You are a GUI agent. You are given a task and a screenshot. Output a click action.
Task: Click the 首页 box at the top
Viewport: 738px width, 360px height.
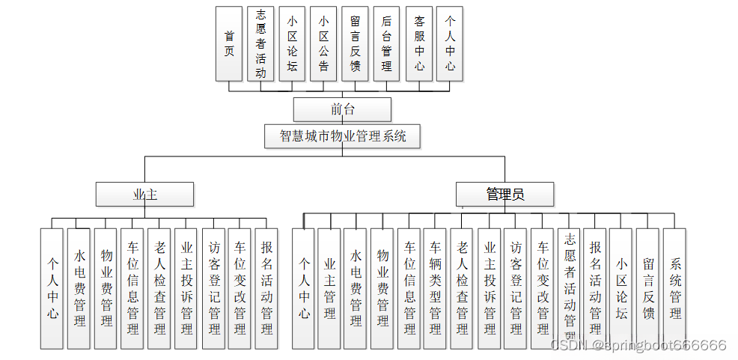coord(228,43)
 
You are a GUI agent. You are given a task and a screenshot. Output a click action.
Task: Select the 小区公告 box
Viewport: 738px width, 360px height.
coord(323,43)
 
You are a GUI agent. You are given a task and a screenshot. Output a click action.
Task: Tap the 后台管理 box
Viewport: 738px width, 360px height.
coord(386,43)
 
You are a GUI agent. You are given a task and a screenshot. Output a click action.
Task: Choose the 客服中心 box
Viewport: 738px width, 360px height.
coord(419,43)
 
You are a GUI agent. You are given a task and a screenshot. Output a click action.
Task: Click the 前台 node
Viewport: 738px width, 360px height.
coord(342,109)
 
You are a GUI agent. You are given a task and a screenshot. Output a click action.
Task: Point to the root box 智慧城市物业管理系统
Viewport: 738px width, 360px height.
coord(342,136)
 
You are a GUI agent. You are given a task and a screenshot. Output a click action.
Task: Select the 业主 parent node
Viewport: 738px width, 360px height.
coord(144,195)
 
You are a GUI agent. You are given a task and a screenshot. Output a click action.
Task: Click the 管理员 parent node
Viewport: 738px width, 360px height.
coord(504,195)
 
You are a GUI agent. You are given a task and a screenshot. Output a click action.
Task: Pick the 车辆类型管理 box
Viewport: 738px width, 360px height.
coord(435,289)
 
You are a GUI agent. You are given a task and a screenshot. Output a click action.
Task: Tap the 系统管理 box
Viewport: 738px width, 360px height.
coord(675,289)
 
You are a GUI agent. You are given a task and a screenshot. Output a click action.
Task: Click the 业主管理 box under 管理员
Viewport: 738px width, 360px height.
coord(329,289)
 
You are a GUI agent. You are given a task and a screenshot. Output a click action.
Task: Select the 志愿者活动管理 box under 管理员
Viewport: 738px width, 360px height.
coord(569,289)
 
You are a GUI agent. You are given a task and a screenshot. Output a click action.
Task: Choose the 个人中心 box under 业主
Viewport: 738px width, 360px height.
coord(52,289)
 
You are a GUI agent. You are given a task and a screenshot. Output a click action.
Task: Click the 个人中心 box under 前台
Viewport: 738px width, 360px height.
coord(450,43)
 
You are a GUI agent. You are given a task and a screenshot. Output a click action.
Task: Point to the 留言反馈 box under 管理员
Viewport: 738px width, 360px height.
coord(648,289)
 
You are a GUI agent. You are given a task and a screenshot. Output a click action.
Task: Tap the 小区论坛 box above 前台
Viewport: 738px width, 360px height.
coord(292,43)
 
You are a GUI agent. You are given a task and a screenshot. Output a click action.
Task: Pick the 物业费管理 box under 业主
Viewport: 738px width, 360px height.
coord(106,289)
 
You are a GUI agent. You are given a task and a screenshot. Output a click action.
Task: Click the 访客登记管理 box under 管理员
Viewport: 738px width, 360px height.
coord(515,289)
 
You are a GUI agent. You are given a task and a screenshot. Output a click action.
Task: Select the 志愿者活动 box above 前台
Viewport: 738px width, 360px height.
coord(260,43)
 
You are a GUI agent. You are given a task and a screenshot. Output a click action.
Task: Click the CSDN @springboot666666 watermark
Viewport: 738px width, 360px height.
coord(638,345)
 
